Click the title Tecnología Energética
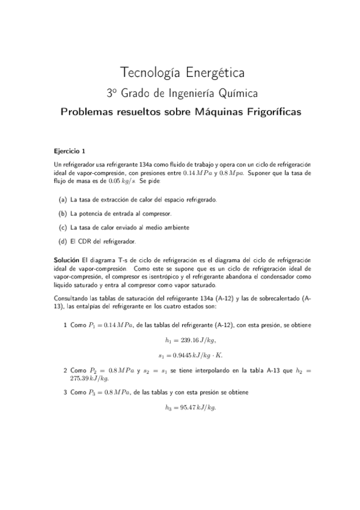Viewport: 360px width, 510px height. [182, 73]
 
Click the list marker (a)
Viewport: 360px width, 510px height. [63, 199]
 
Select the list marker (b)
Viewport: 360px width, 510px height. [63, 214]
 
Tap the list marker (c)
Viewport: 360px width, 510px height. [63, 227]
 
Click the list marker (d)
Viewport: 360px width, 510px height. [63, 242]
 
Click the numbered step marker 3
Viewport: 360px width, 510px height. [65, 392]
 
